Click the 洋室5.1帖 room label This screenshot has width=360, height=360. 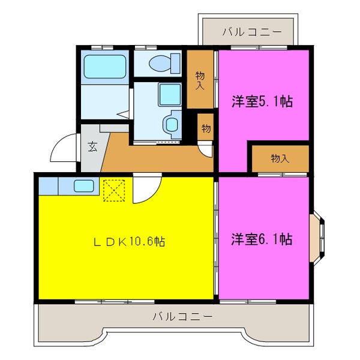pos(262,101)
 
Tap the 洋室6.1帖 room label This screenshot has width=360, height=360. pos(262,239)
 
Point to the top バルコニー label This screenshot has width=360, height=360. pos(251,32)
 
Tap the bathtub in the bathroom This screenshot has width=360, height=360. pos(104,67)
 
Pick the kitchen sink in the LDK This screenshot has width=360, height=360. pos(84,186)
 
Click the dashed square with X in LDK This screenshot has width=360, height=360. pos(113,190)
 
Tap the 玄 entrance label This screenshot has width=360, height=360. pos(94,147)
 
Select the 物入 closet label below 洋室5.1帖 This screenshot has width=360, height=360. pos(280,158)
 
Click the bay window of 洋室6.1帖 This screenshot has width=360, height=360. pos(318,238)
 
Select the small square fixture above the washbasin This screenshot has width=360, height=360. pos(167,94)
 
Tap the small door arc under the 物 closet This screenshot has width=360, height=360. pos(206,150)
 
